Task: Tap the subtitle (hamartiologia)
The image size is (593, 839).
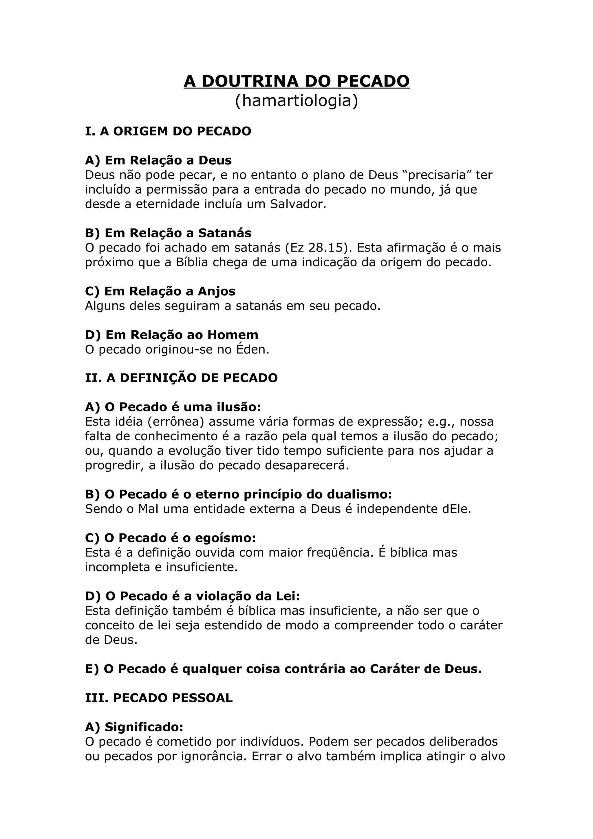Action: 296,101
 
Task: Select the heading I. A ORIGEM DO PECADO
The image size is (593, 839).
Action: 168,131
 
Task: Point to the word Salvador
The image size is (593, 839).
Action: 298,204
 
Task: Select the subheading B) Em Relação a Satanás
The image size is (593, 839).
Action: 168,233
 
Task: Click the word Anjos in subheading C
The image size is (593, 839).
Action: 217,291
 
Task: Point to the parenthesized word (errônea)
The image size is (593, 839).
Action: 176,422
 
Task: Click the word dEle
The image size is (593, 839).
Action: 456,509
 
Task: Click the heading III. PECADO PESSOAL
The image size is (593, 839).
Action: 159,698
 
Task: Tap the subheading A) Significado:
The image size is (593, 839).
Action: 134,727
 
